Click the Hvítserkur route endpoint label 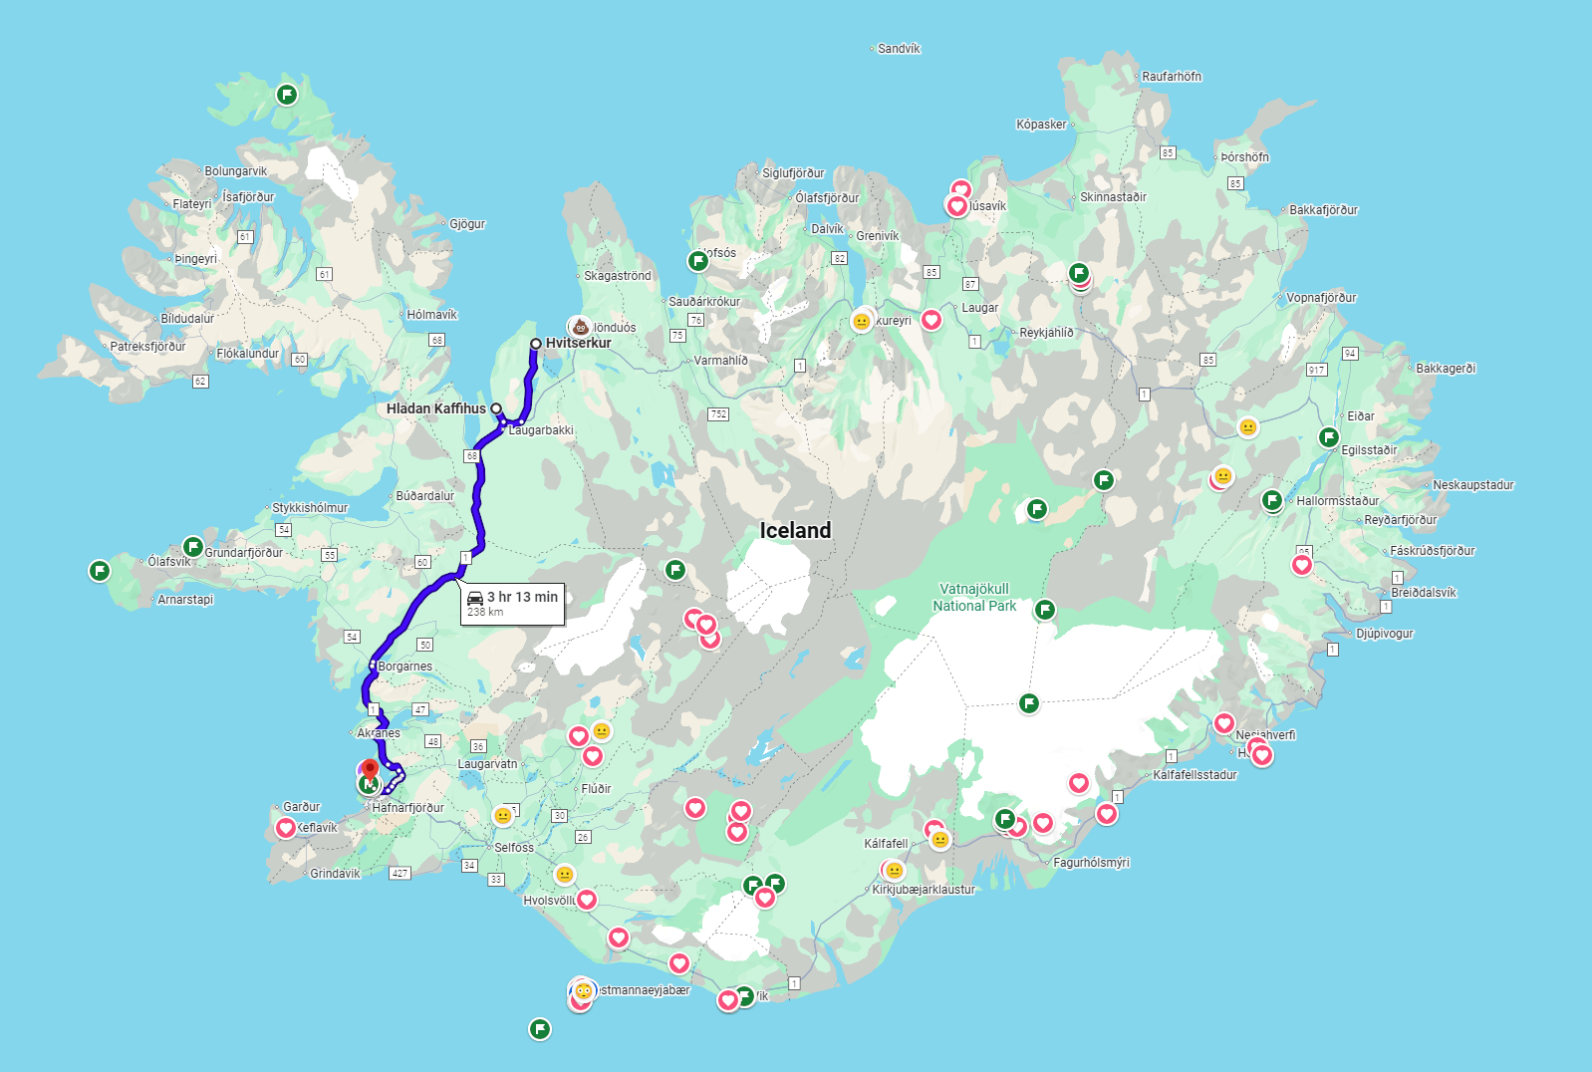tap(578, 343)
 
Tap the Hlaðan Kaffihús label tap(436, 408)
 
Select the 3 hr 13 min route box tap(512, 603)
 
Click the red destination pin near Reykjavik tap(370, 770)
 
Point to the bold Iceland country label tap(795, 530)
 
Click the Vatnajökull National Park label tap(974, 597)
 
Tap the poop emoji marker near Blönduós tap(580, 326)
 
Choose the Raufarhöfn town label tap(1171, 77)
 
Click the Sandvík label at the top tap(899, 49)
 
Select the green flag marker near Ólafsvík tap(192, 547)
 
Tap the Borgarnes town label tap(405, 667)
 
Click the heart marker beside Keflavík tap(286, 828)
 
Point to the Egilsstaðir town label tap(1369, 450)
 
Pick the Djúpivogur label tap(1384, 634)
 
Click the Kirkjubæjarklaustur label tap(924, 890)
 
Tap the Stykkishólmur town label tap(310, 508)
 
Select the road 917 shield tap(1317, 370)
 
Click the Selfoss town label tap(514, 848)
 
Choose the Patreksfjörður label tap(147, 347)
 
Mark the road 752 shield tap(718, 414)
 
